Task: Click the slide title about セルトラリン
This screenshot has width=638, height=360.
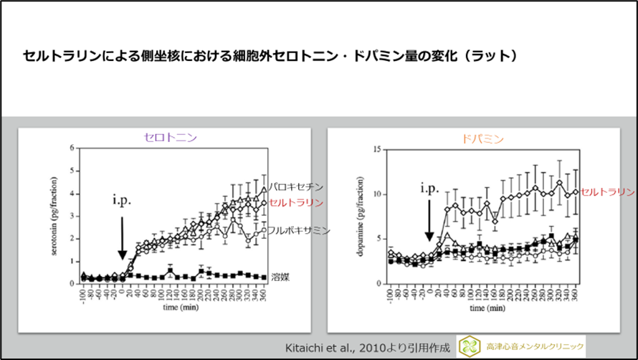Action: tap(270, 55)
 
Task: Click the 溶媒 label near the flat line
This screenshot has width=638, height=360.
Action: tap(279, 275)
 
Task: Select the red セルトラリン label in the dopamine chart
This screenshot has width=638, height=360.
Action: tap(607, 192)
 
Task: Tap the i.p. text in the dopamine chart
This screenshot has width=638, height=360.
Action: tap(429, 189)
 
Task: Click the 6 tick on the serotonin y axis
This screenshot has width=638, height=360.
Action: tap(72, 148)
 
